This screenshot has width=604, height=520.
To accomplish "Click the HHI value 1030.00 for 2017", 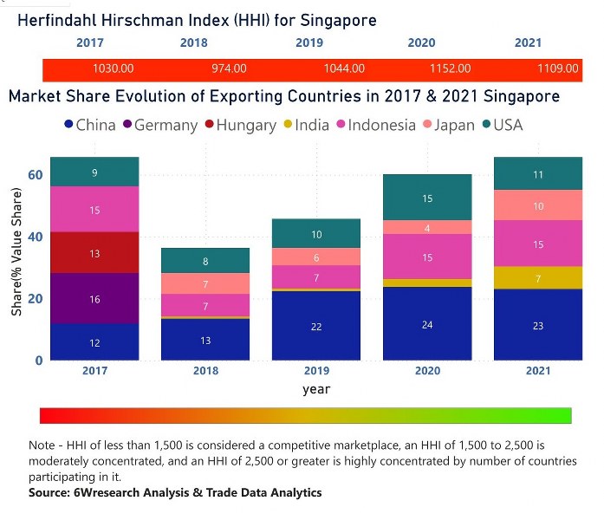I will pos(113,68).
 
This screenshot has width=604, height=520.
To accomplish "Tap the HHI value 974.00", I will pos(229,68).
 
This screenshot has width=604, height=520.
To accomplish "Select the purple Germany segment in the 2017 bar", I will pos(94,298).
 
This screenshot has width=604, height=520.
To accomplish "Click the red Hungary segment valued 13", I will pos(94,253).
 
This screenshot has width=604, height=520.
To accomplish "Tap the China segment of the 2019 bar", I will pos(316,326).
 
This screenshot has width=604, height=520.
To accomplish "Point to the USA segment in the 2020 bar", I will pos(427,198).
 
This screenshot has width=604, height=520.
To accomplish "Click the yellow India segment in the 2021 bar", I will pos(538,277).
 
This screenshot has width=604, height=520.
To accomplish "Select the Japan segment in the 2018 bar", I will pos(205,284).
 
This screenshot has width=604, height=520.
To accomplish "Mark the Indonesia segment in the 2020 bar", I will pos(427,257).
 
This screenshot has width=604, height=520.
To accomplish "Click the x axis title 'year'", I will pos(316,390).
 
